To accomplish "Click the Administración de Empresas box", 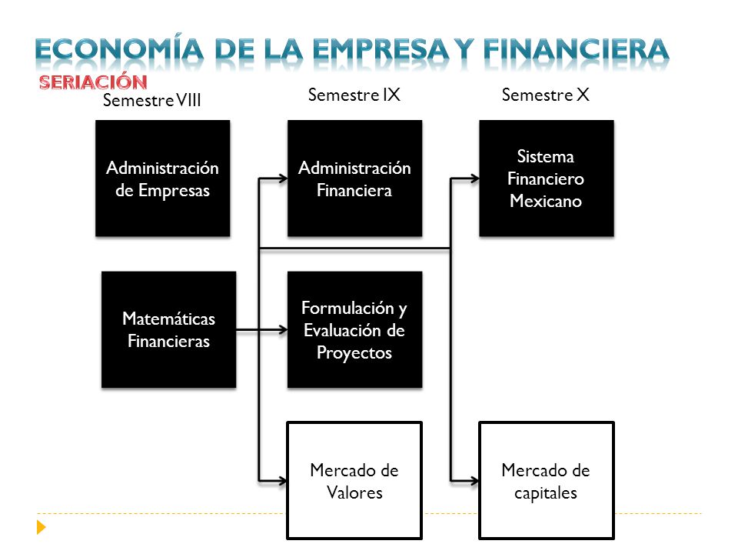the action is click(x=163, y=178).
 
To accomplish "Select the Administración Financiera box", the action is click(x=355, y=178).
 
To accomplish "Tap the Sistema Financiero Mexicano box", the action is click(x=547, y=178).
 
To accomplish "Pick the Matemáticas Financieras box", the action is click(x=169, y=330).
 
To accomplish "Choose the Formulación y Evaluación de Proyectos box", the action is click(x=355, y=330).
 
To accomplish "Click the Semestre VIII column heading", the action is click(x=152, y=100).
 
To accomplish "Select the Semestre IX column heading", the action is click(x=354, y=95).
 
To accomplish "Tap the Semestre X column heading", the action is click(x=546, y=95).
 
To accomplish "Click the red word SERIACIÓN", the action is click(x=93, y=82).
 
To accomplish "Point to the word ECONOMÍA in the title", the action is click(x=120, y=49).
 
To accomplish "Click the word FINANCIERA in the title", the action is click(x=576, y=49).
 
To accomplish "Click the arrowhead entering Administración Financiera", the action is click(x=284, y=178).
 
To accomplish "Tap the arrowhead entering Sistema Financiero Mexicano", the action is click(x=475, y=179).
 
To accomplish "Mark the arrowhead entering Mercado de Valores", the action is click(x=283, y=481).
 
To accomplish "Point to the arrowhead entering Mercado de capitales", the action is click(x=474, y=481).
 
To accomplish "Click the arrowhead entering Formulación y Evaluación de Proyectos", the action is click(x=284, y=330).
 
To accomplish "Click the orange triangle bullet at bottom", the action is click(x=41, y=526).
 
